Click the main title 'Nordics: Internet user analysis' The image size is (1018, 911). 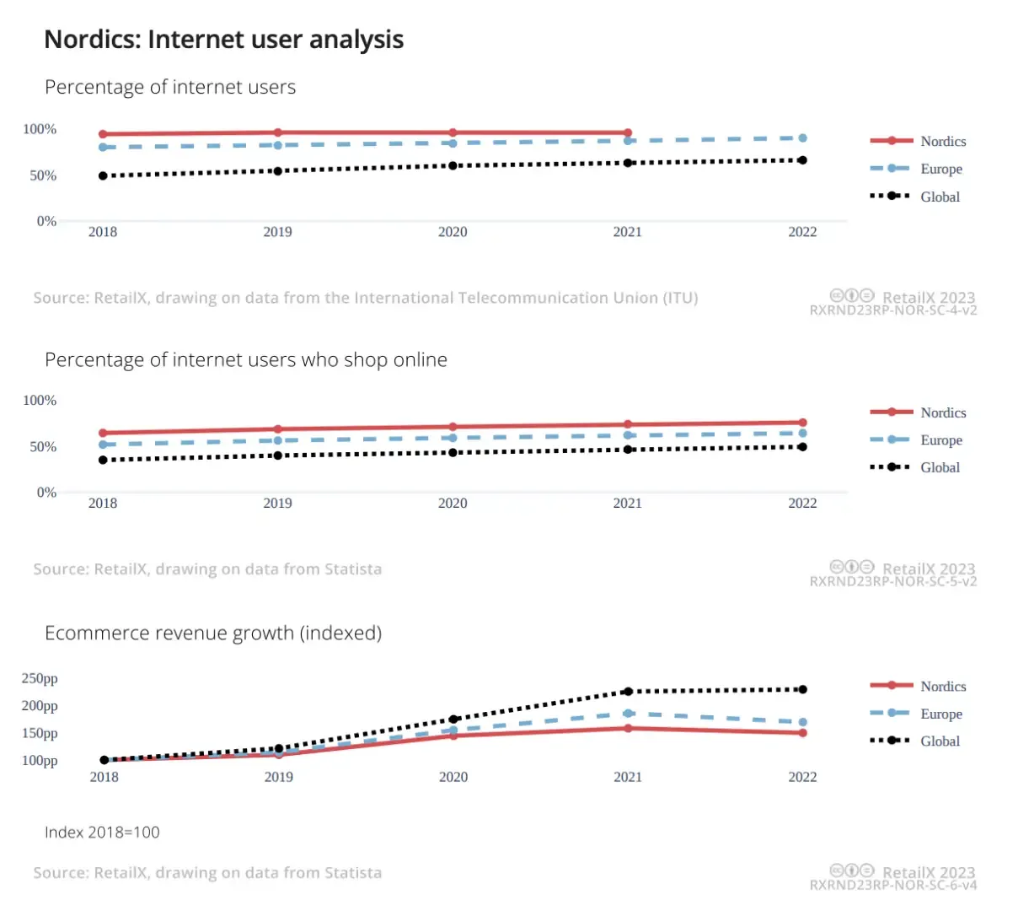pyautogui.click(x=223, y=40)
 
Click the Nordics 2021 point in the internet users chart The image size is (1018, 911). pyautogui.click(x=628, y=132)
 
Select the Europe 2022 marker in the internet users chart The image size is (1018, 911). pyautogui.click(x=802, y=137)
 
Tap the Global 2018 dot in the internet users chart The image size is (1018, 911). pyautogui.click(x=103, y=175)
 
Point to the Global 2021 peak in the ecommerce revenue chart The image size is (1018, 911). pyautogui.click(x=628, y=691)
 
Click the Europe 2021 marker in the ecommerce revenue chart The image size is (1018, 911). pyautogui.click(x=628, y=714)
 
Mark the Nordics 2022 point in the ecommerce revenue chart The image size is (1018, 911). pyautogui.click(x=802, y=733)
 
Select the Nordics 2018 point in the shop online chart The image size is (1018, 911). pyautogui.click(x=103, y=433)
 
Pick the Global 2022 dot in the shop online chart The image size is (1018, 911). pyautogui.click(x=802, y=447)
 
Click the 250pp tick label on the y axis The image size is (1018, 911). pyautogui.click(x=40, y=678)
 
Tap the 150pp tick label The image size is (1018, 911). pyautogui.click(x=40, y=733)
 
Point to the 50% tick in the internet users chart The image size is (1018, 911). pyautogui.click(x=43, y=175)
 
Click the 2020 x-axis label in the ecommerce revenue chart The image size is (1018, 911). pyautogui.click(x=453, y=777)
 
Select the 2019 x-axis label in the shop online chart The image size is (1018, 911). pyautogui.click(x=277, y=503)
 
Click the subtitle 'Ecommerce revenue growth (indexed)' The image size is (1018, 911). pyautogui.click(x=213, y=633)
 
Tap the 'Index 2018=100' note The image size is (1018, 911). pyautogui.click(x=102, y=832)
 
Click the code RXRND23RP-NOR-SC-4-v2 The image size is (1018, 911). pyautogui.click(x=893, y=310)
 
